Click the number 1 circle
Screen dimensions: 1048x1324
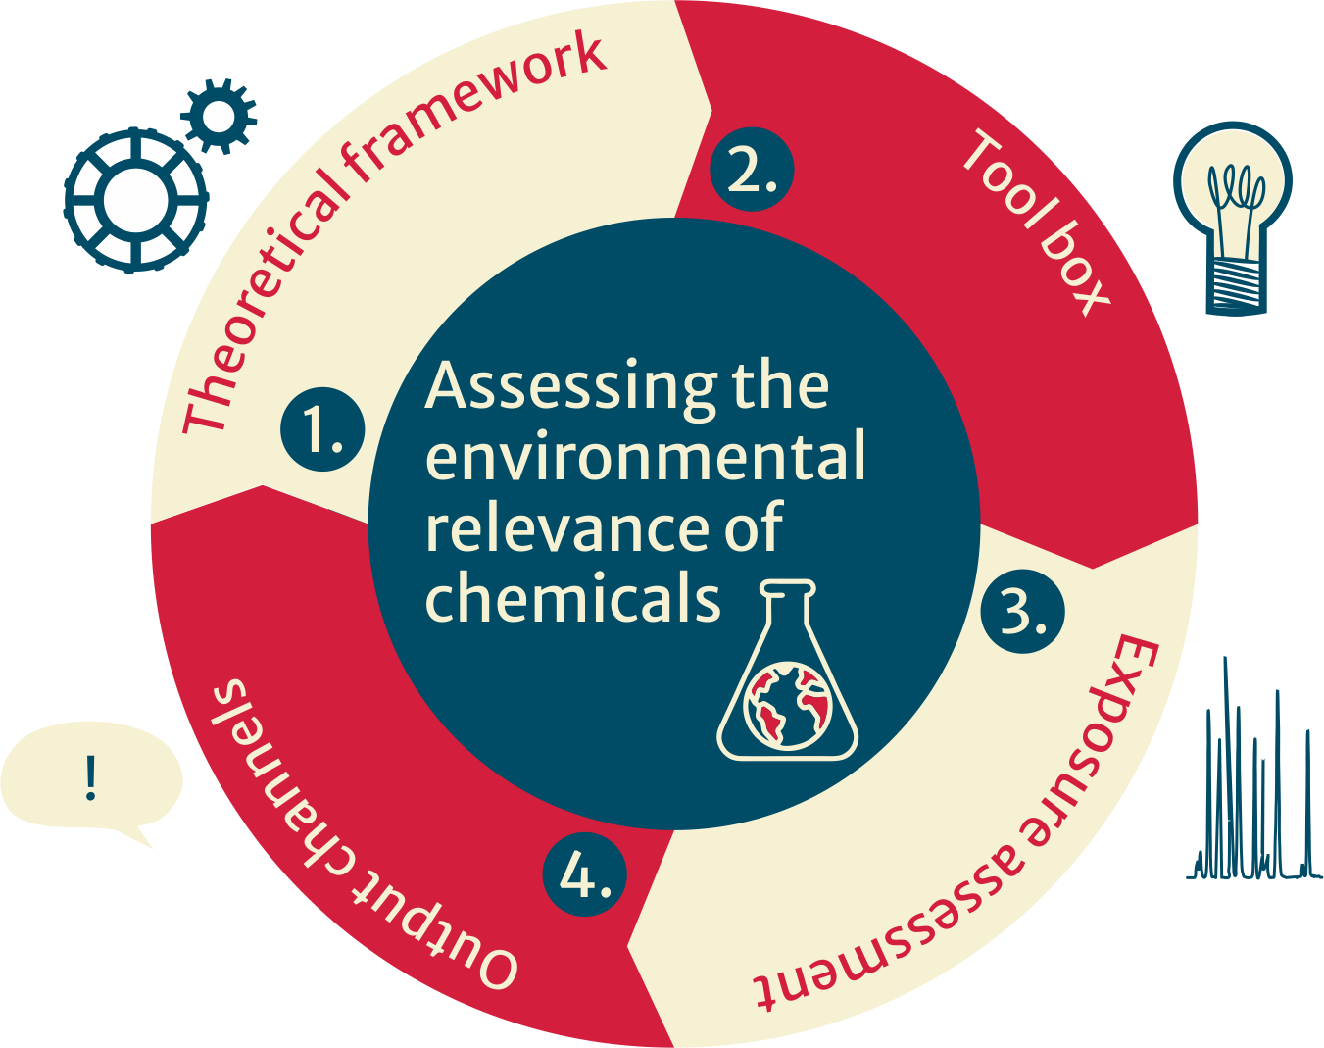coord(322,429)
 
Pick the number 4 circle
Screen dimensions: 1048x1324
coord(585,873)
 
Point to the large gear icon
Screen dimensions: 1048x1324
coord(135,200)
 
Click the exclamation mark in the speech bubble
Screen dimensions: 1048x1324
coord(91,778)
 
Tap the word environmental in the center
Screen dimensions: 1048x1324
coord(646,457)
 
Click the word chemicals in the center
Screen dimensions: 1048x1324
coord(572,598)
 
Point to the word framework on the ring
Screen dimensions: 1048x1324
coord(479,109)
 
